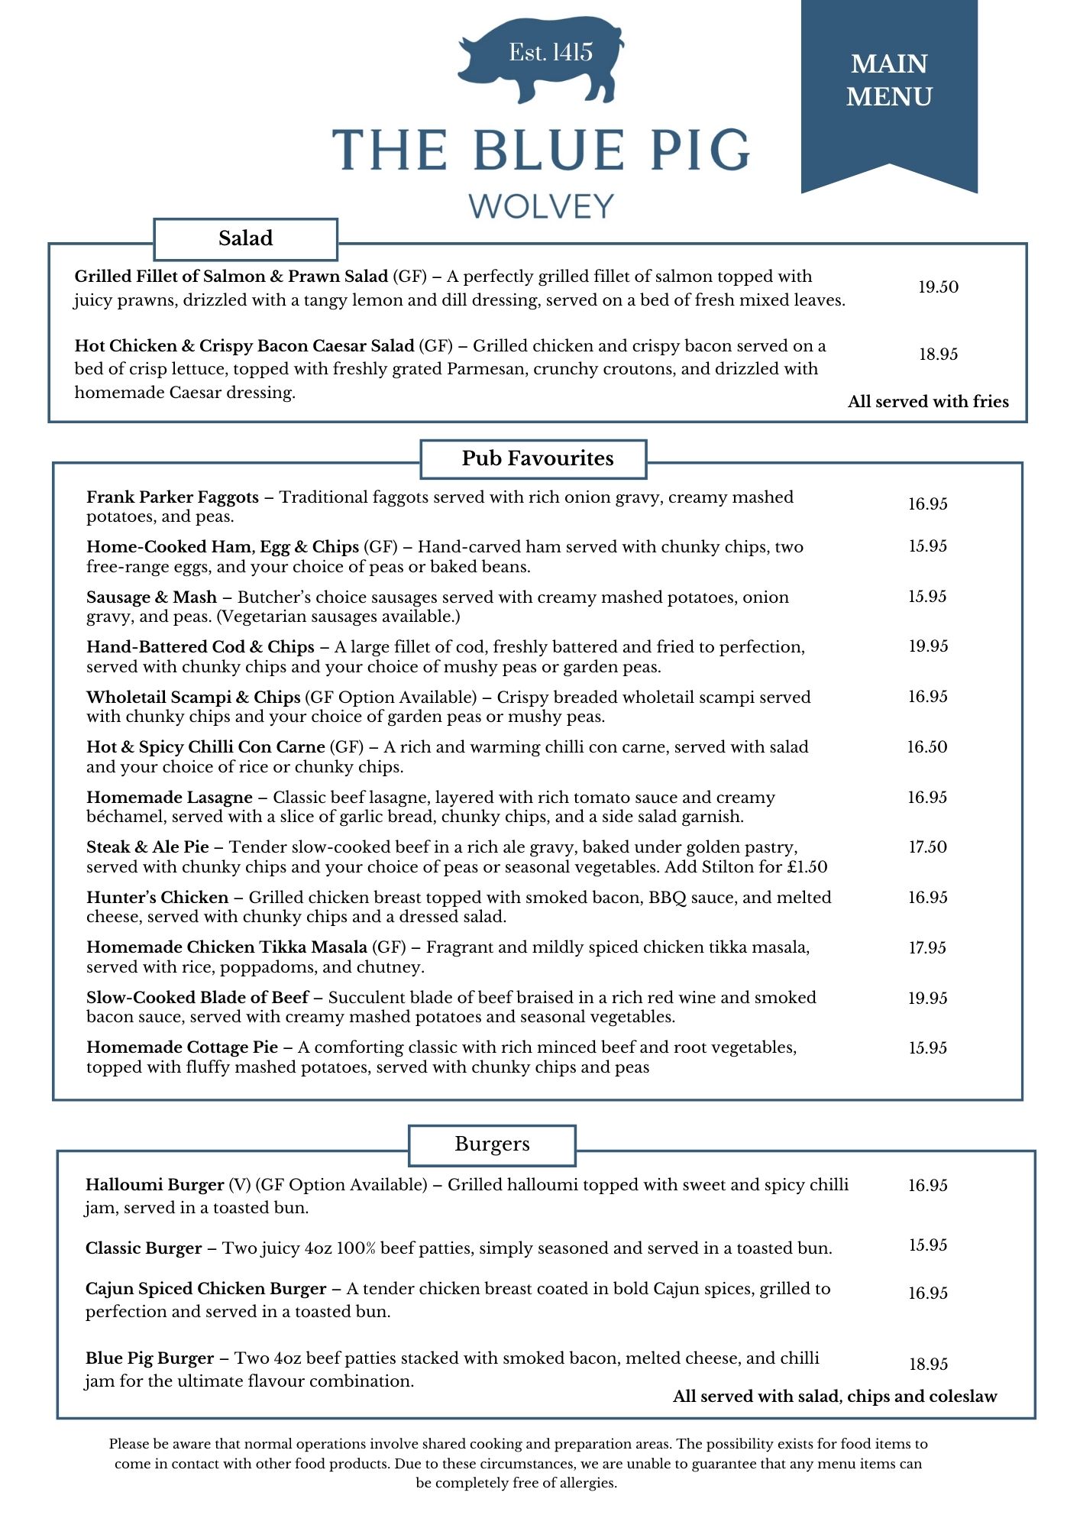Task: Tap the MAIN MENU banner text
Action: [x=889, y=80]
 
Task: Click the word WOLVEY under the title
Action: [x=541, y=206]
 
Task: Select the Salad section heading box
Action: [x=245, y=238]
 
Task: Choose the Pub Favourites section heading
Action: [x=538, y=458]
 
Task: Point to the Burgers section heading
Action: [x=492, y=1144]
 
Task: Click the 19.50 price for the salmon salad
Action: [x=938, y=287]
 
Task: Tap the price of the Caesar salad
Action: [x=938, y=354]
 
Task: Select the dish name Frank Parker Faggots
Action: [x=173, y=497]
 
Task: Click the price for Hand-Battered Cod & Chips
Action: [x=928, y=646]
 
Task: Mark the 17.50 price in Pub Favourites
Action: [x=928, y=847]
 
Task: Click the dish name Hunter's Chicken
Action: [x=157, y=898]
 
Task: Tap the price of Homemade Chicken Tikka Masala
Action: [x=928, y=948]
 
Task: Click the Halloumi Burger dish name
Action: [x=154, y=1185]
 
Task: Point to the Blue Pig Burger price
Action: [x=928, y=1365]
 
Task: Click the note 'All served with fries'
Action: [x=928, y=402]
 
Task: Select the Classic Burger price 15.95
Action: [x=928, y=1245]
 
